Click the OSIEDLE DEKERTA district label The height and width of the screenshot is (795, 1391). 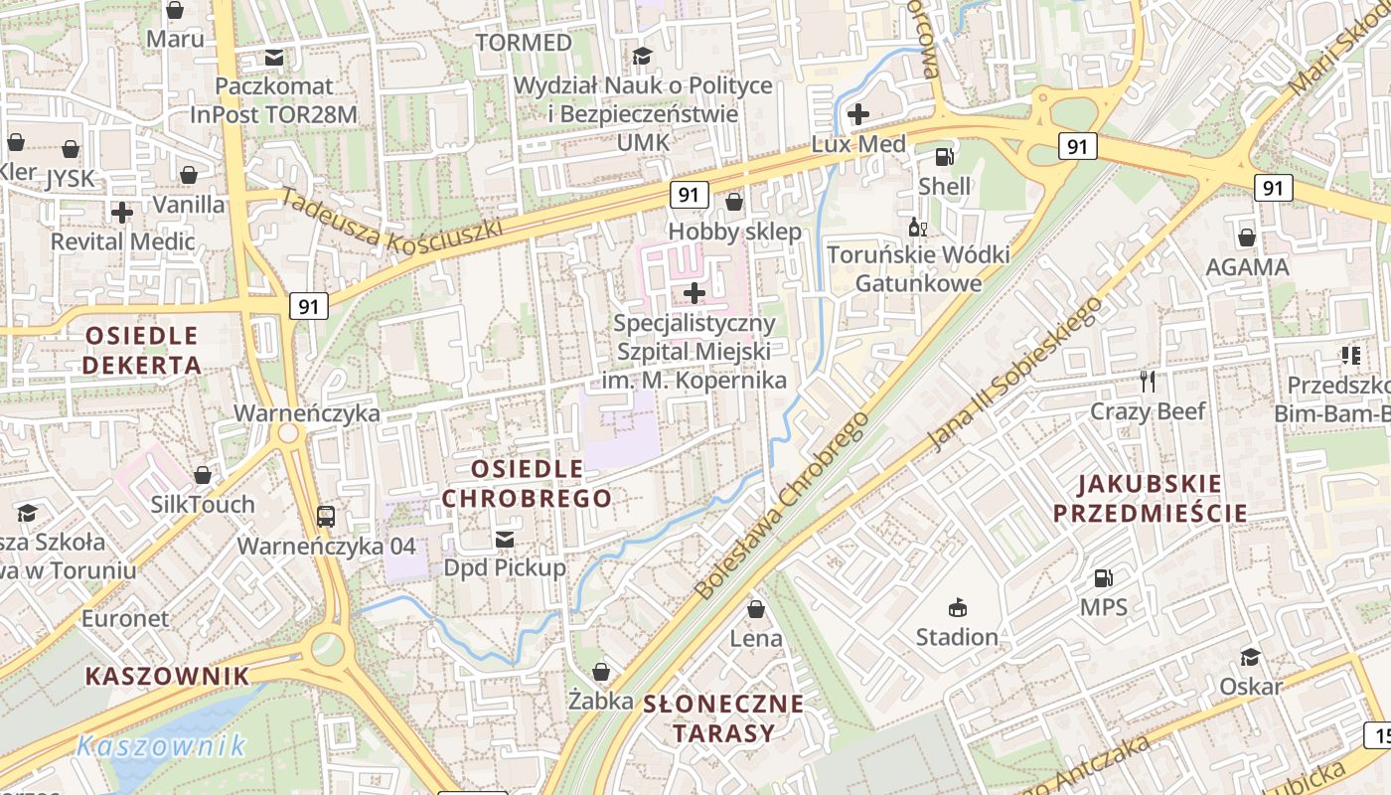(141, 350)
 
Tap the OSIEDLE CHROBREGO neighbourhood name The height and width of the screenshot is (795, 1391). (527, 483)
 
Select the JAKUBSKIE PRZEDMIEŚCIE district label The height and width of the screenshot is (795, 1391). (1150, 499)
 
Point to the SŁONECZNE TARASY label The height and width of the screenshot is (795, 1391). (723, 718)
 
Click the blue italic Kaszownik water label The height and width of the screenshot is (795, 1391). (161, 745)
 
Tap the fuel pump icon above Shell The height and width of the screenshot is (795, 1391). (944, 157)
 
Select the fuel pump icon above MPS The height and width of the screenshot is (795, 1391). (1103, 577)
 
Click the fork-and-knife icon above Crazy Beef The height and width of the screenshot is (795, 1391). (1149, 381)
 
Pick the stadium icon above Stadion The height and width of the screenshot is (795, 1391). (958, 607)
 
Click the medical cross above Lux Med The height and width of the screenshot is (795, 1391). (858, 113)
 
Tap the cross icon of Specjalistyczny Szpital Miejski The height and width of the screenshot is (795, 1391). (695, 292)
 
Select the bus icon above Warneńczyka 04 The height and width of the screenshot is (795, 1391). (326, 516)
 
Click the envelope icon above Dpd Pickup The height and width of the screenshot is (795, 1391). (505, 539)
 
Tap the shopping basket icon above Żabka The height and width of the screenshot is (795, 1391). (600, 672)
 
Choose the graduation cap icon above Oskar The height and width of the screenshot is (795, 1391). (1250, 657)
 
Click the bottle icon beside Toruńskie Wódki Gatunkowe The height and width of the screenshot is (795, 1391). (917, 228)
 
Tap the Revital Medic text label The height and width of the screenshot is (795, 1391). (122, 241)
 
